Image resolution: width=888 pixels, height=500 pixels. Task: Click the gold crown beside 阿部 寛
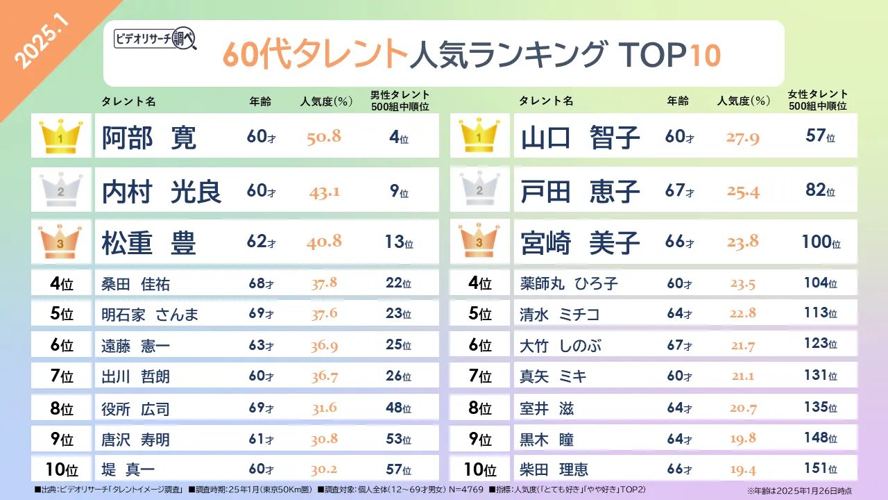[x=62, y=136]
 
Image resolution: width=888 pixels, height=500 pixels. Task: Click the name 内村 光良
[x=162, y=190]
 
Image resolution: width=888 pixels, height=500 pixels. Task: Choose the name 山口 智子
[x=580, y=137]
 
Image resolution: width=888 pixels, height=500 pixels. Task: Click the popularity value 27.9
[x=743, y=137]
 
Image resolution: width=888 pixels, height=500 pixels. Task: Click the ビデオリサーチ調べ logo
[x=155, y=40]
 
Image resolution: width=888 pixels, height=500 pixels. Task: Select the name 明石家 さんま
[x=150, y=314]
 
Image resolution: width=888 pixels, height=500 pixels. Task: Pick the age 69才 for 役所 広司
[x=262, y=408]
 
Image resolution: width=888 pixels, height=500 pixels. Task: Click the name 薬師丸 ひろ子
[x=569, y=283]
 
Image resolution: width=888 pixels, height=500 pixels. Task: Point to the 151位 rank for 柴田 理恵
[x=821, y=469]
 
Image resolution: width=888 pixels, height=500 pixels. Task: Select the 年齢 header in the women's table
[x=678, y=101]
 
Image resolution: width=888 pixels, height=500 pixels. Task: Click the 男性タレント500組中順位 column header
[x=400, y=101]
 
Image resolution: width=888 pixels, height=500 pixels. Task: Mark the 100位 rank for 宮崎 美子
[x=821, y=242]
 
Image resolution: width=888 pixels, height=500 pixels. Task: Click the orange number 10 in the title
[x=705, y=55]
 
